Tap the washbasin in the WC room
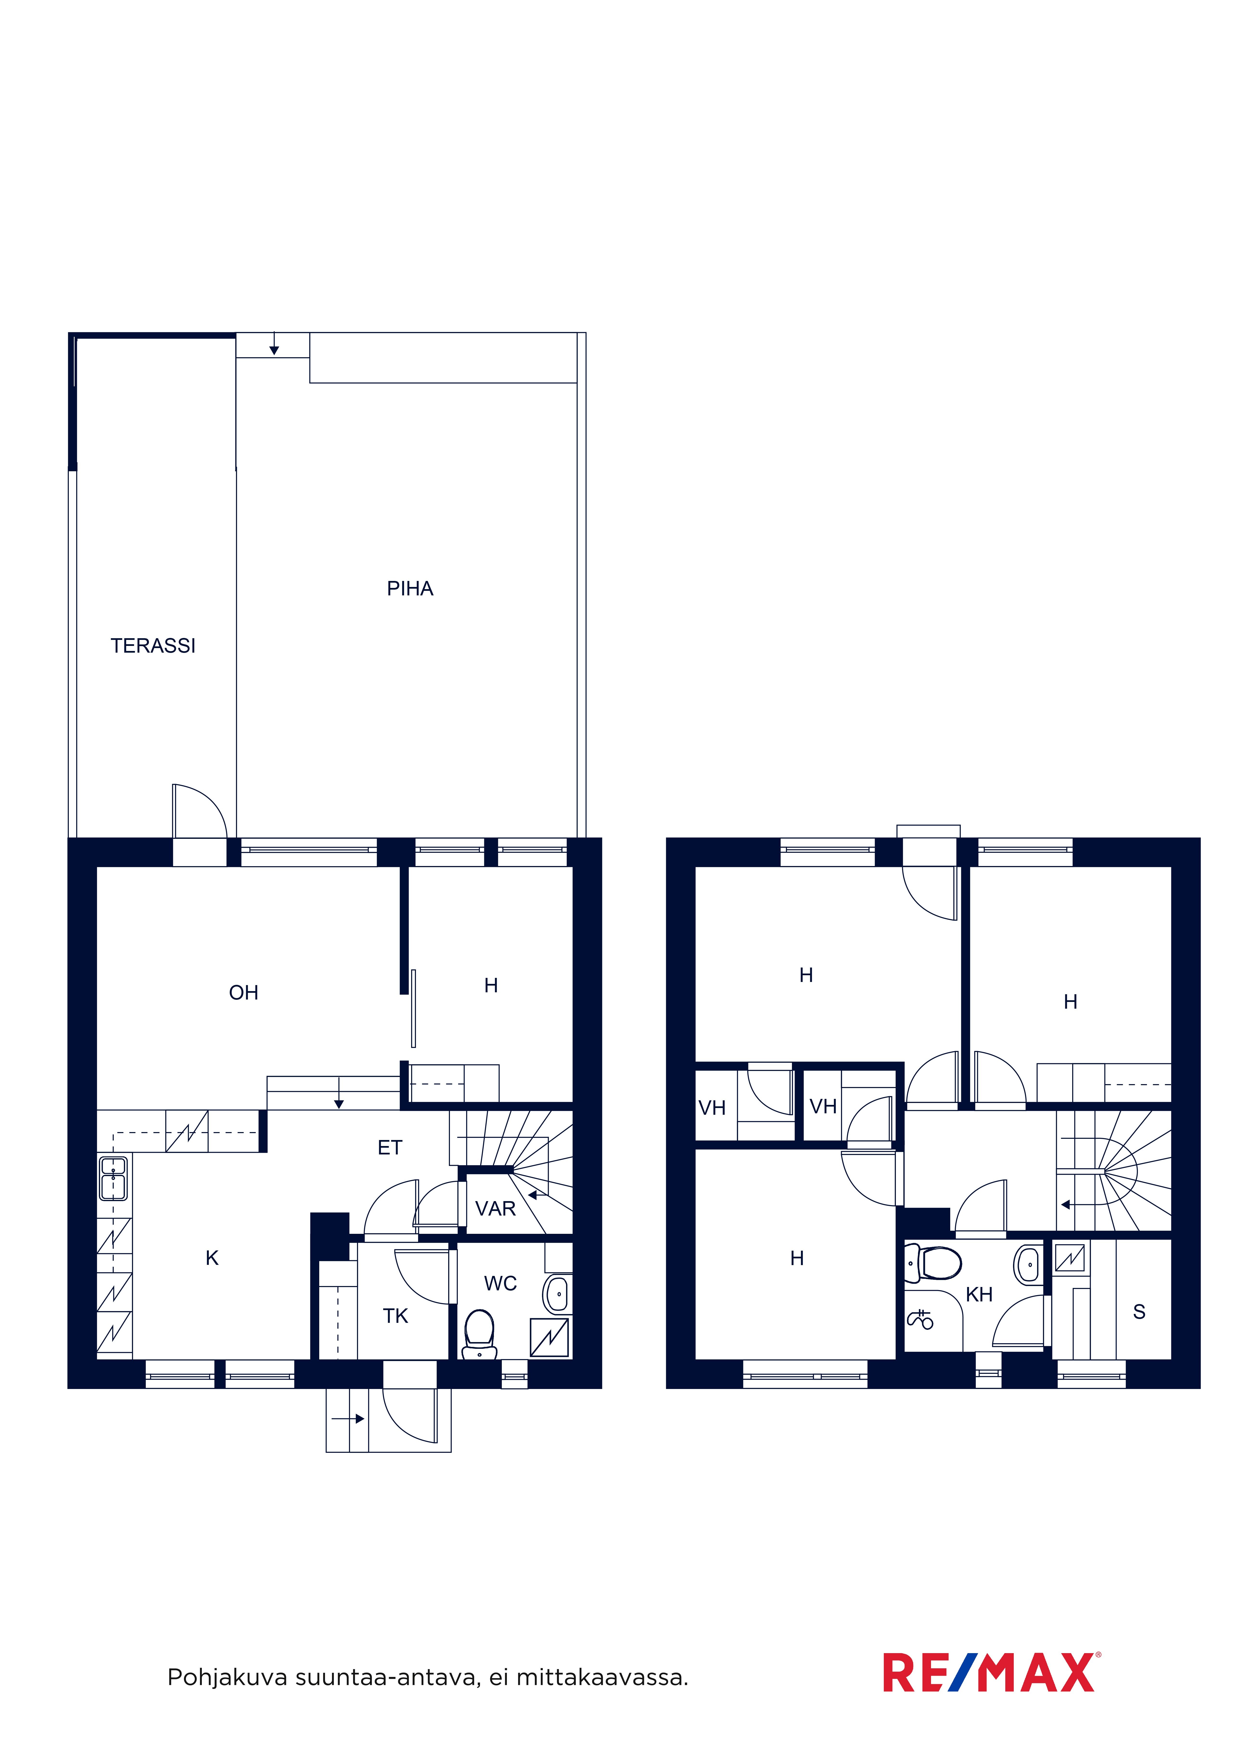558,1294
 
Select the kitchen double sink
113,1178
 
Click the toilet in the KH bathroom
933,1263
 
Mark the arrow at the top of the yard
274,344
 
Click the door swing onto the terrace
200,811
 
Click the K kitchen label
212,1258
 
